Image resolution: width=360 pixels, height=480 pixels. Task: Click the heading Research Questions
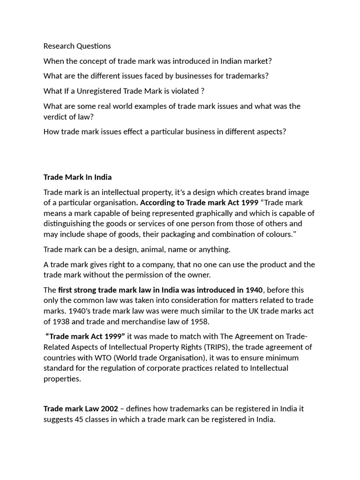pyautogui.click(x=77, y=46)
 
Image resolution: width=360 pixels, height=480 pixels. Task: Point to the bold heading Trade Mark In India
pyautogui.click(x=78, y=177)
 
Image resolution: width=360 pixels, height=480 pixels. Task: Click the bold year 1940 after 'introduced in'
pyautogui.click(x=254, y=290)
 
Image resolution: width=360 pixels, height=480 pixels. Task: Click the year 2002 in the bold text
pyautogui.click(x=102, y=409)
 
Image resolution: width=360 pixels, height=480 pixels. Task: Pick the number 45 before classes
pyautogui.click(x=80, y=420)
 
